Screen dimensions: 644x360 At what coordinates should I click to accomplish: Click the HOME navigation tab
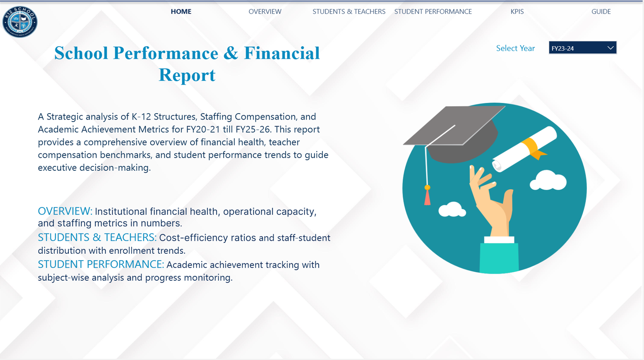(x=181, y=12)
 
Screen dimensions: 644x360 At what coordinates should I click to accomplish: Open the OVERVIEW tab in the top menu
(x=265, y=12)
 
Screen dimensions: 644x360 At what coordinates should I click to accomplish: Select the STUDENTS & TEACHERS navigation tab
(x=349, y=12)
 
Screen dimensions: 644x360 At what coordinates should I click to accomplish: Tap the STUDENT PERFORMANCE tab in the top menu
(x=433, y=12)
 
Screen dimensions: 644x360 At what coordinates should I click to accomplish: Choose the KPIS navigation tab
(x=517, y=12)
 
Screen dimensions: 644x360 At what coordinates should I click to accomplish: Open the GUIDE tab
(x=601, y=12)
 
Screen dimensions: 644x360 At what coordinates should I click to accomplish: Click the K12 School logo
(x=20, y=22)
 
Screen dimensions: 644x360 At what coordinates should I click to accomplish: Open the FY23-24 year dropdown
(x=582, y=48)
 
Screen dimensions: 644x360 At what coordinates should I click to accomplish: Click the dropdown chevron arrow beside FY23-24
(x=611, y=48)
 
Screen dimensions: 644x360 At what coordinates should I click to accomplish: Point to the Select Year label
(x=515, y=48)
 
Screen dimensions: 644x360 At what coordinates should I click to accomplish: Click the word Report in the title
(x=187, y=75)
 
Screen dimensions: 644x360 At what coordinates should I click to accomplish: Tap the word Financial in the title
(x=282, y=53)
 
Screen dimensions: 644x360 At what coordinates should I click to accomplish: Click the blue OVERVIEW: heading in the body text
(x=65, y=211)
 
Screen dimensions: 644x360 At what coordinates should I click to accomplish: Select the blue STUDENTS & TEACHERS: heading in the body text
(x=97, y=237)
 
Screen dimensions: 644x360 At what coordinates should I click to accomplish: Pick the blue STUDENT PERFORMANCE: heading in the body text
(x=101, y=264)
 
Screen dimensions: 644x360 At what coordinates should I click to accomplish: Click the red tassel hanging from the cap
(x=427, y=197)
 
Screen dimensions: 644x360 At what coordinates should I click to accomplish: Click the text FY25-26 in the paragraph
(x=253, y=129)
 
